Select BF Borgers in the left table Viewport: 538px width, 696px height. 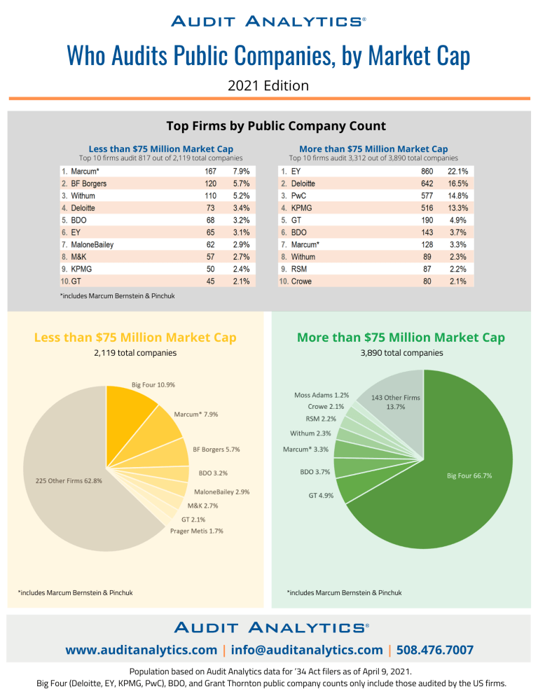point(89,183)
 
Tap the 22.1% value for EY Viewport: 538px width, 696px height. point(462,171)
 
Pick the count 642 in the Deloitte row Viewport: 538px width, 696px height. point(427,183)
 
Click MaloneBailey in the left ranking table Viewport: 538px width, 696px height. point(92,245)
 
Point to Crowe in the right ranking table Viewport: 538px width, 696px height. point(302,281)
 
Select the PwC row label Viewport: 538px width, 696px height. point(299,196)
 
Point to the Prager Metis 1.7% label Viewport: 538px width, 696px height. point(197,531)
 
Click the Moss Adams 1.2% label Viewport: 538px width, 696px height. point(322,395)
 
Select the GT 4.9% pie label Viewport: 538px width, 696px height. point(321,495)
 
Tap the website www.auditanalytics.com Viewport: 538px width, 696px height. point(141,650)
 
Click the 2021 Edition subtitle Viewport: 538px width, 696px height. point(268,85)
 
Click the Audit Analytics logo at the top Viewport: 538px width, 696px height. point(268,22)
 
